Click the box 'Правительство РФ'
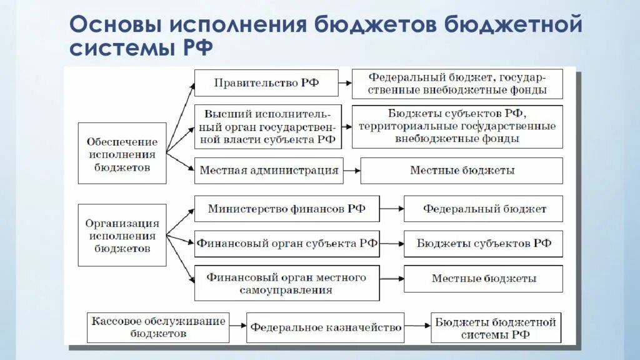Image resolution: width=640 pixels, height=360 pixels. (266, 82)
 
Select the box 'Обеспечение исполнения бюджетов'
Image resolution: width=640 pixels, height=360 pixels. (122, 153)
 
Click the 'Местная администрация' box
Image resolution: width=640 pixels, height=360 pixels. (269, 171)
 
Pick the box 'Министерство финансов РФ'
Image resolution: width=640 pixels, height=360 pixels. (287, 209)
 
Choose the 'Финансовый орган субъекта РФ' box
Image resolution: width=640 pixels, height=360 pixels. (287, 244)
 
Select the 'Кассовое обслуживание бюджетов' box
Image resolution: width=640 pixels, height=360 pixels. (158, 327)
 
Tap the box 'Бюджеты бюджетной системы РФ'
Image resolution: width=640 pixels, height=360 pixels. (495, 327)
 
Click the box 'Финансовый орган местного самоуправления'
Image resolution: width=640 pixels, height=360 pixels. (287, 283)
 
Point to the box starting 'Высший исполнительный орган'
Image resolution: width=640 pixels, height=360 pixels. (269, 127)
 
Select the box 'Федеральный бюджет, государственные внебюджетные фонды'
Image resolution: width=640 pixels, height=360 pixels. (457, 84)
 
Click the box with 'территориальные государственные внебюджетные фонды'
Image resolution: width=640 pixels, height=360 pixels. (457, 126)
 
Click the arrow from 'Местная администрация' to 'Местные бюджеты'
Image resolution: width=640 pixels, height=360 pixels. (352, 171)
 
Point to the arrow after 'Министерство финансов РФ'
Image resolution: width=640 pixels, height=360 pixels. (391, 209)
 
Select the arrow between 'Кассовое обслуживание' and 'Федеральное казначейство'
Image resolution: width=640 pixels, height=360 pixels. (237, 327)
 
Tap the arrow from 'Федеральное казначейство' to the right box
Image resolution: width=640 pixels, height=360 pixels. (417, 327)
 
